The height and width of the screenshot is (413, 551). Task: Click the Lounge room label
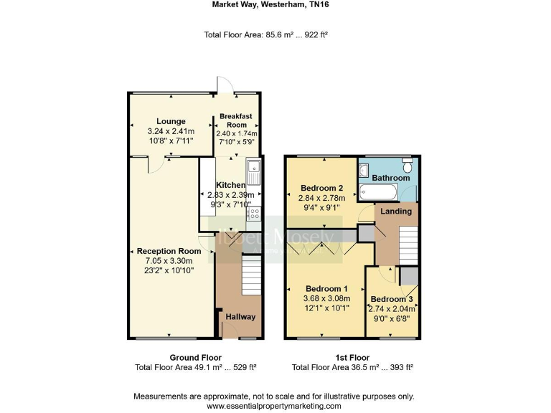171,121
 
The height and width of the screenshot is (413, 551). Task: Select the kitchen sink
254,173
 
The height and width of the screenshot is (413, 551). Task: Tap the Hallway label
240,317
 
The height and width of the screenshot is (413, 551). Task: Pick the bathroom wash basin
363,170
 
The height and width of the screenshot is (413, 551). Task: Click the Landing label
395,212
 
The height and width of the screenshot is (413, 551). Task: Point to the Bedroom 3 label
391,299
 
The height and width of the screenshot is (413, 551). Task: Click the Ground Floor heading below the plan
195,357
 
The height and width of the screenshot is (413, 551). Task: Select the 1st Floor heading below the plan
352,357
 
